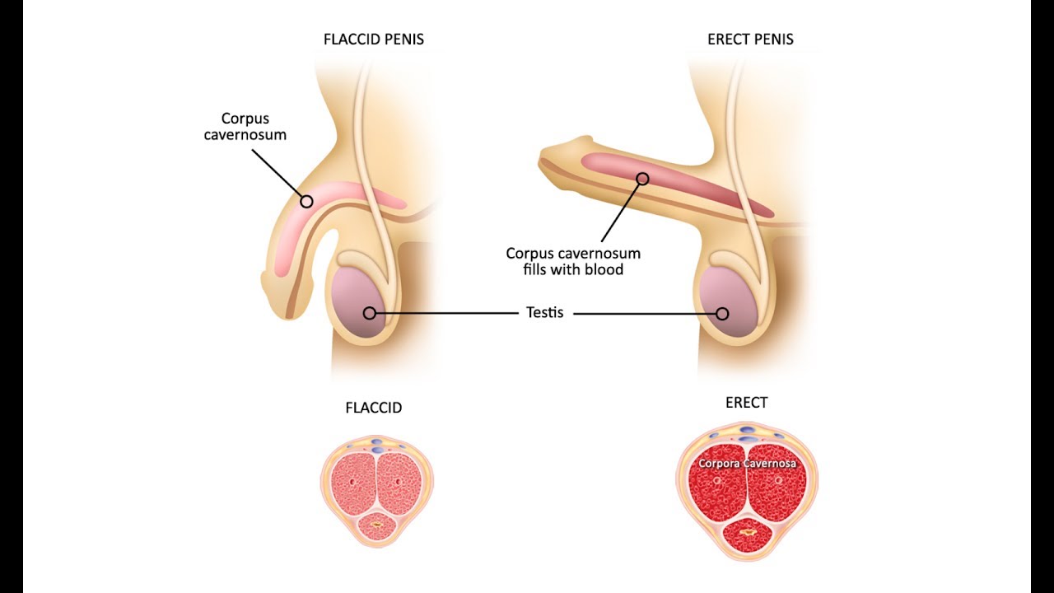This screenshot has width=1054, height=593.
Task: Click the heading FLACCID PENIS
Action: pos(374,40)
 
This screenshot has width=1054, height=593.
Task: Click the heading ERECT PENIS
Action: pos(750,40)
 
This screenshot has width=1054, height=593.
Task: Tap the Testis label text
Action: pos(545,313)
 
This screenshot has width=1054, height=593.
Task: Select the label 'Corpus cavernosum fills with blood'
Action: pos(573,261)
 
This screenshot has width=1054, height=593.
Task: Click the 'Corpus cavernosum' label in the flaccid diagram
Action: pos(245,126)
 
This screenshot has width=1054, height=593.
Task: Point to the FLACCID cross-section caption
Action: pos(374,408)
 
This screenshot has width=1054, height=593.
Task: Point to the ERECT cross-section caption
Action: pos(746,403)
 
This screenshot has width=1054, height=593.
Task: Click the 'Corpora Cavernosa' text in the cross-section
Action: pos(747,464)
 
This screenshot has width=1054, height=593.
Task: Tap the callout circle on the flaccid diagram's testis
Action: pos(370,313)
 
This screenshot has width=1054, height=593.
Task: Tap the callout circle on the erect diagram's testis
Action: pos(722,313)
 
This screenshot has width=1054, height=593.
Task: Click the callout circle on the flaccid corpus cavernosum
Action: pos(306,201)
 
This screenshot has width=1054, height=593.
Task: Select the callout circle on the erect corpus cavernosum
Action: pos(643,179)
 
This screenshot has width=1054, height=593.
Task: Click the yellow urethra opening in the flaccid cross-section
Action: pos(377,524)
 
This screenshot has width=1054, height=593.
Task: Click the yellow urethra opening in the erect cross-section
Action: pos(748,534)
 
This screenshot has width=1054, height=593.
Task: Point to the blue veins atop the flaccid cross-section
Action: pos(376,445)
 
